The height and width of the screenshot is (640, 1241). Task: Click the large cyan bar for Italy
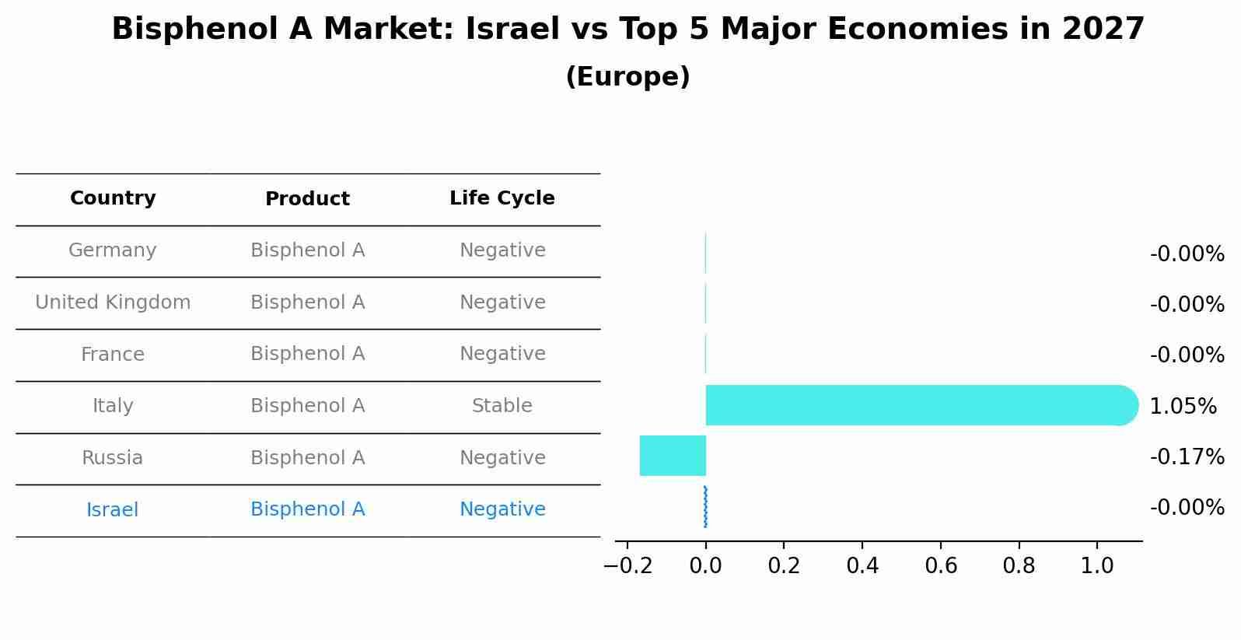point(918,405)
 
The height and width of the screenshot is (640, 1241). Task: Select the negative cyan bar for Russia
point(673,456)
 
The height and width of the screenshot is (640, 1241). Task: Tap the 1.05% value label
point(1183,406)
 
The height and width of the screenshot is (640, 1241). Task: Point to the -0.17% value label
point(1187,456)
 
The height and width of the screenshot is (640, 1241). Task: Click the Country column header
point(113,198)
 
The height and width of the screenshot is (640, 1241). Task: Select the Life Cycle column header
point(502,198)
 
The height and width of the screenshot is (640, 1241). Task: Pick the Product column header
point(307,199)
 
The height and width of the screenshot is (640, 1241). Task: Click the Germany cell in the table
point(113,250)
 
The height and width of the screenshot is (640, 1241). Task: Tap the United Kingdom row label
point(113,303)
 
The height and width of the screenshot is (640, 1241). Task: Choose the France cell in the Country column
point(113,355)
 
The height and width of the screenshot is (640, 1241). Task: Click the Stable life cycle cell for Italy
point(502,406)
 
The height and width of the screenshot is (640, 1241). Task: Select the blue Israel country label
point(113,510)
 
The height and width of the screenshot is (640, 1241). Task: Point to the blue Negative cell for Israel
point(502,509)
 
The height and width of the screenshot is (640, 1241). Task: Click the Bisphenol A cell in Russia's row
point(307,458)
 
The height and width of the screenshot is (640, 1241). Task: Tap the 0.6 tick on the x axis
point(940,565)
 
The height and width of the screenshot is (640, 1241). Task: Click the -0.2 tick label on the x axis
point(627,565)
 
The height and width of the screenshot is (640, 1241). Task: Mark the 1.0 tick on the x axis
point(1096,565)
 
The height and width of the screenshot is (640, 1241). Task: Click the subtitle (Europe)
point(627,77)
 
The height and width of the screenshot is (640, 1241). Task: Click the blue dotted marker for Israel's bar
point(705,507)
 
